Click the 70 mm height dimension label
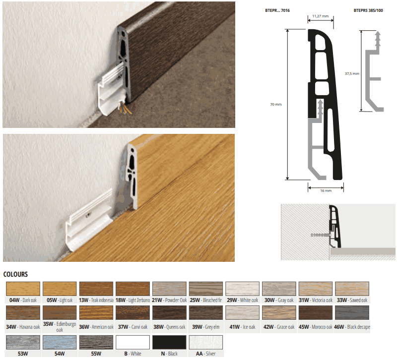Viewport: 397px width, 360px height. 276,104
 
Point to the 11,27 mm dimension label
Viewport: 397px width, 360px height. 320,16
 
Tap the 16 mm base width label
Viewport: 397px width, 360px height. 326,190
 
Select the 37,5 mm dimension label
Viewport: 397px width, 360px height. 352,73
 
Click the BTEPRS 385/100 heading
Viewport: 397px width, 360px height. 368,10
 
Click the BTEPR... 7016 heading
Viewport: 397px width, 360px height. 277,10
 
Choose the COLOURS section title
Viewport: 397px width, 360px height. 15,274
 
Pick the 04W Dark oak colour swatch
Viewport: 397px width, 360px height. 23,289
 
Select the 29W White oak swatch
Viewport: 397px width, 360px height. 242,289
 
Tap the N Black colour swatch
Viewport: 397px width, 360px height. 169,342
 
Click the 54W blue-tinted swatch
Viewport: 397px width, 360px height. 60,342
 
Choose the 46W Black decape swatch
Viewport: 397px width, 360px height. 352,312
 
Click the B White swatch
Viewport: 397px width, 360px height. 132,342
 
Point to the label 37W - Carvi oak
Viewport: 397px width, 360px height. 132,327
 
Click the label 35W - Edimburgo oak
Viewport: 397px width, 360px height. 60,327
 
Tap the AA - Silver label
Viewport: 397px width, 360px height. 205,354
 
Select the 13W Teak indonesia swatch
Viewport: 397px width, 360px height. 96,289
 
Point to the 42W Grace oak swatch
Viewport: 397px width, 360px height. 279,312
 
